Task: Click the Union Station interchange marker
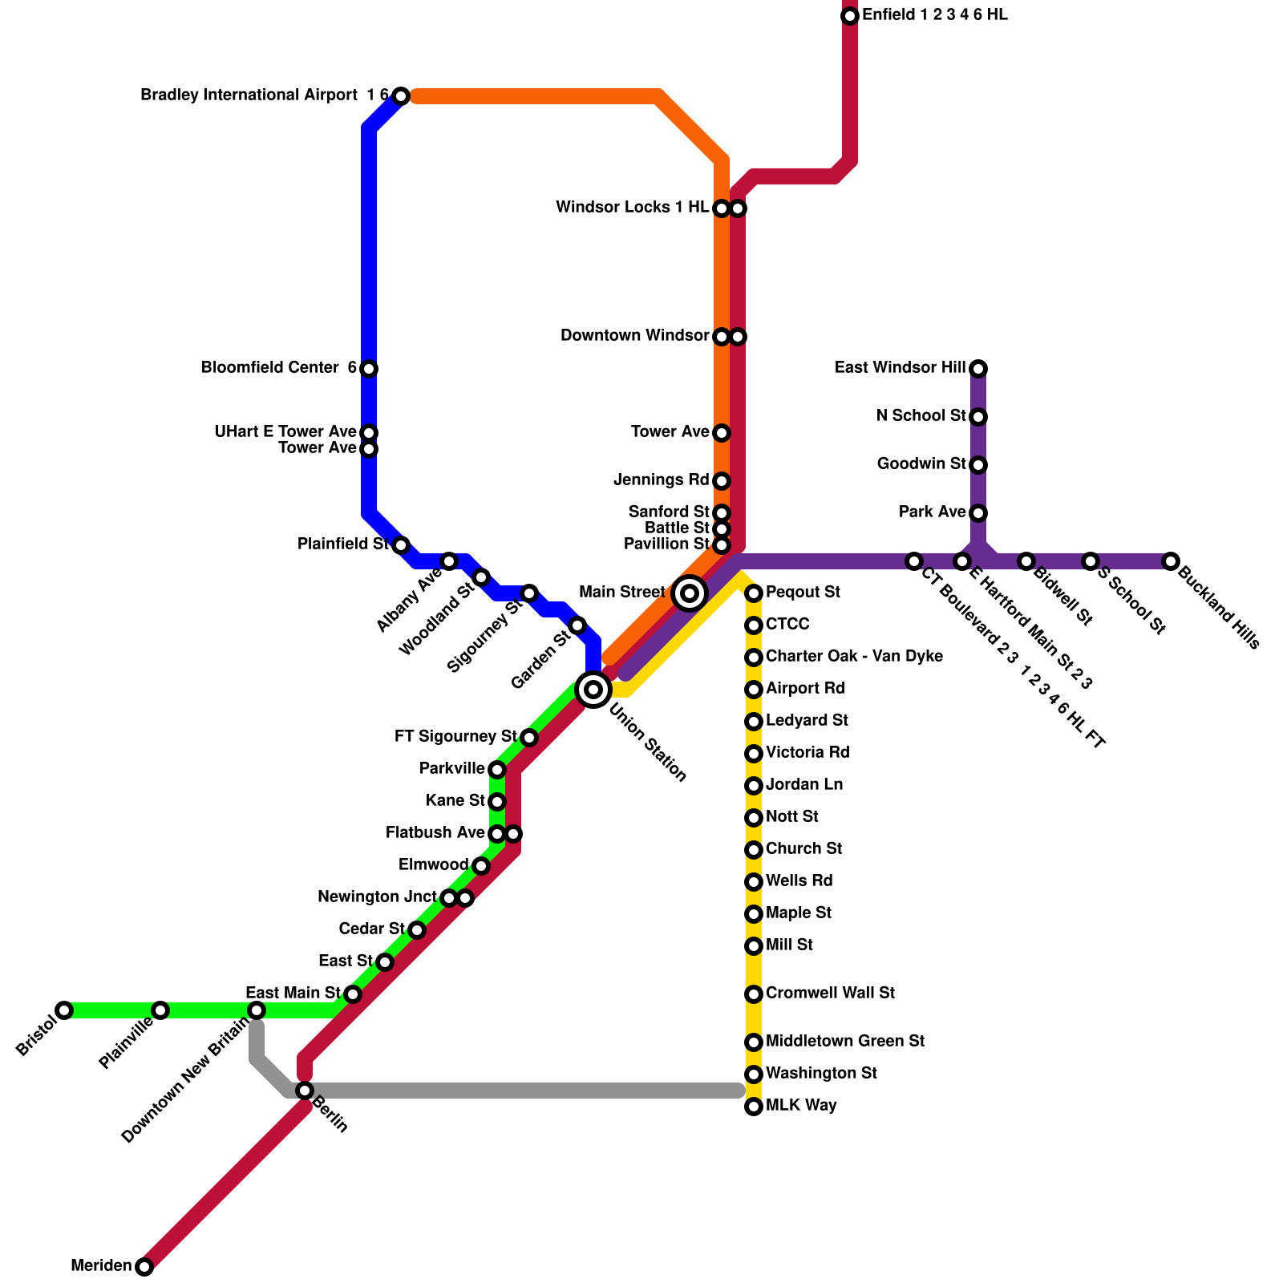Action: pos(593,689)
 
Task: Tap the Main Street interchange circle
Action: pos(690,593)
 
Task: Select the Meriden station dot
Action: pos(144,1267)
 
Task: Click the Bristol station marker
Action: pos(64,1010)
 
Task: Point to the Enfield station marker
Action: pos(850,16)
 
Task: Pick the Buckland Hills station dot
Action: pos(1171,561)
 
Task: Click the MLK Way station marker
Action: pos(754,1107)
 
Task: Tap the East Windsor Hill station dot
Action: pos(978,369)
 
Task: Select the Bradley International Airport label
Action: pos(249,95)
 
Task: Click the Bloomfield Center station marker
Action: pos(369,369)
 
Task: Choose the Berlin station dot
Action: pos(305,1091)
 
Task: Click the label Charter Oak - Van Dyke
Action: pos(854,657)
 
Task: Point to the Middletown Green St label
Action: pos(845,1042)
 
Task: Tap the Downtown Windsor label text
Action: pos(634,336)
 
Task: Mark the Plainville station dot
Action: pos(160,1010)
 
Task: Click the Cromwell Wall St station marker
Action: pos(754,994)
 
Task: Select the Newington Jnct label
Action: pos(377,897)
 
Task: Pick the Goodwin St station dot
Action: pos(978,465)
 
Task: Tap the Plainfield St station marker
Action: pos(401,545)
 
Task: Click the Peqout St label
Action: pos(803,593)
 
